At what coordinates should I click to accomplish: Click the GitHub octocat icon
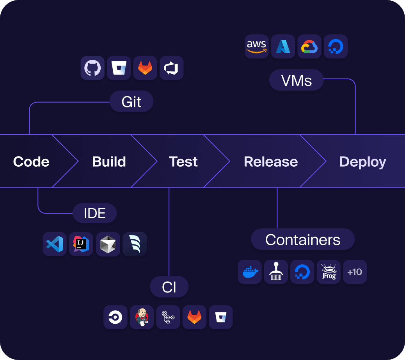(92, 68)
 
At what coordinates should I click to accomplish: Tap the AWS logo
(256, 46)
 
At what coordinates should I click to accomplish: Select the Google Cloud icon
(309, 46)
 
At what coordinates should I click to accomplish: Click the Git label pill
(131, 102)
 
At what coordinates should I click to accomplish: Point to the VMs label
(296, 80)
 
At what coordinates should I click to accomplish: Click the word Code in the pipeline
(31, 162)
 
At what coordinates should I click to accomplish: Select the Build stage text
(109, 162)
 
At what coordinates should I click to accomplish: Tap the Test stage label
(183, 162)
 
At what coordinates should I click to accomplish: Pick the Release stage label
(271, 162)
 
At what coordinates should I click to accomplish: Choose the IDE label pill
(94, 213)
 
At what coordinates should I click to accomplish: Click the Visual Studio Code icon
(55, 244)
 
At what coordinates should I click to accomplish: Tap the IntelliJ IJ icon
(81, 244)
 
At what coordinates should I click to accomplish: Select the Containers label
(303, 240)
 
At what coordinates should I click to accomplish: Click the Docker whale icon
(249, 272)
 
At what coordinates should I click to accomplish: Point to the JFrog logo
(329, 272)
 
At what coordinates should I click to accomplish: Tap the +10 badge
(355, 272)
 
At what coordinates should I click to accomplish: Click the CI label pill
(169, 287)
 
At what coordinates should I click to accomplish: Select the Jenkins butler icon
(142, 317)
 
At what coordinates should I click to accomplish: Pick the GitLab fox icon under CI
(194, 317)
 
